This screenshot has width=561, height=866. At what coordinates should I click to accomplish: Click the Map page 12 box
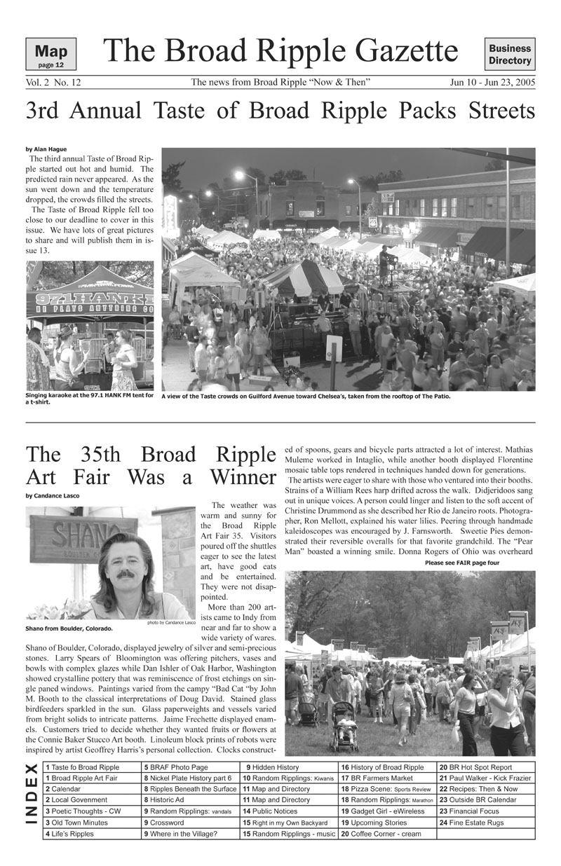click(50, 55)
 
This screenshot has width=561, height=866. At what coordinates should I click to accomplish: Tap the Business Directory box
click(510, 55)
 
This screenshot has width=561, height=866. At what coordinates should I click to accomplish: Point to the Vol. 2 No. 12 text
click(53, 83)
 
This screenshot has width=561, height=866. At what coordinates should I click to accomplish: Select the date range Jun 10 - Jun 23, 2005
click(492, 83)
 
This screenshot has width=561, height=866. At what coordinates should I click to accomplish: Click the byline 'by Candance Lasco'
click(53, 496)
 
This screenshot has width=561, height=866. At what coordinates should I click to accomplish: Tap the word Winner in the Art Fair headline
click(241, 478)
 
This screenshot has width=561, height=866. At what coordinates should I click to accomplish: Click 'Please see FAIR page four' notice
click(462, 563)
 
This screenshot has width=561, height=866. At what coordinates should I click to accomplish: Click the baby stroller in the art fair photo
click(344, 729)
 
